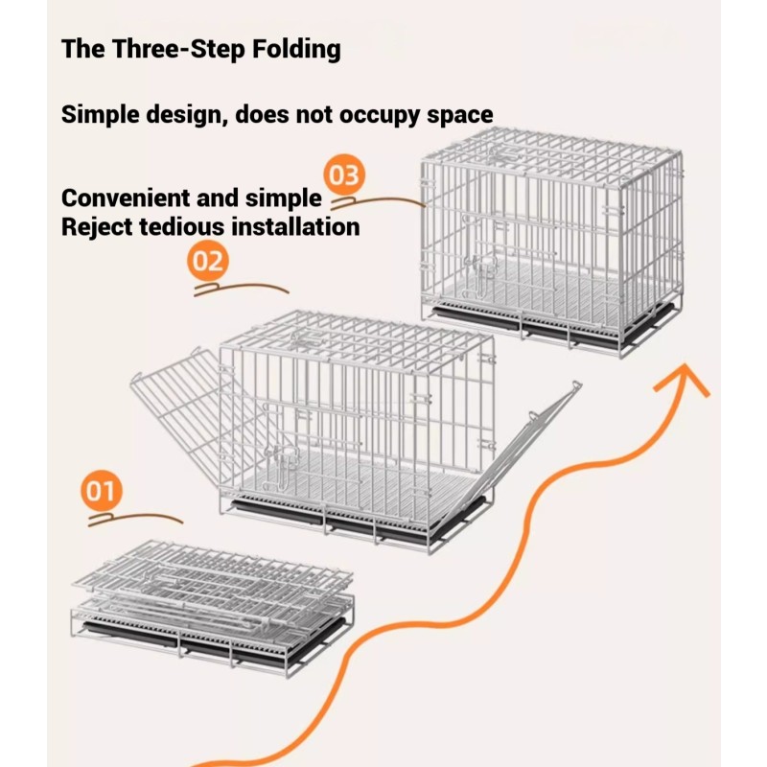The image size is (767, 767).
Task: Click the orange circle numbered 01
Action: [100, 493]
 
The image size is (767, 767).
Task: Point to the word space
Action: [452, 116]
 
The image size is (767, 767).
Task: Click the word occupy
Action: [359, 116]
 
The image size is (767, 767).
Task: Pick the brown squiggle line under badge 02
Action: [241, 289]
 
